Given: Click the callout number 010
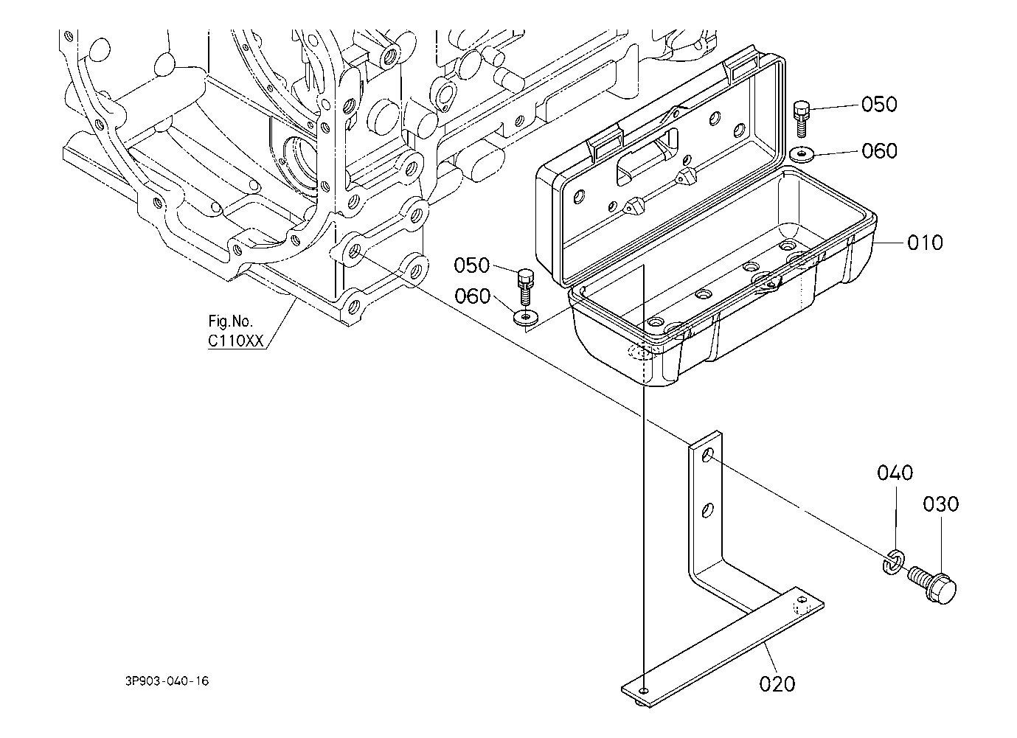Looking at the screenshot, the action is [925, 243].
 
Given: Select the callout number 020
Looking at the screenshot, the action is [777, 684].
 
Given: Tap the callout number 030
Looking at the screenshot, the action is [941, 504].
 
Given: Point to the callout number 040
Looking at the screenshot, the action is [895, 473].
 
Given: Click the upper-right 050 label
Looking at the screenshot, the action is [879, 105].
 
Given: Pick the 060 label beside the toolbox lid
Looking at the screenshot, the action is [879, 151].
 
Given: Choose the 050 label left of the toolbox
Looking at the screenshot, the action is [472, 265].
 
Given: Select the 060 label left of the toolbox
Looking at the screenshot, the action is [473, 296].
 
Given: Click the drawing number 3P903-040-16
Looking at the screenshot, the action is [167, 680].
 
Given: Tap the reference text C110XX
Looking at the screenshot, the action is [236, 341].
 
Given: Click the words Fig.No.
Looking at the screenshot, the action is [230, 321].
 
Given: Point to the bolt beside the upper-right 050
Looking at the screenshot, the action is [802, 119].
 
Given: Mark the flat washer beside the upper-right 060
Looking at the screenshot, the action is [802, 153].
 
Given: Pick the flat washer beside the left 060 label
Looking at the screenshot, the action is [526, 317].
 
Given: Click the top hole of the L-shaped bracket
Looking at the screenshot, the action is [707, 455].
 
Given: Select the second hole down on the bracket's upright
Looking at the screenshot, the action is [707, 510].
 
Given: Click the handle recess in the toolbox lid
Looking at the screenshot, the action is [648, 156].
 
